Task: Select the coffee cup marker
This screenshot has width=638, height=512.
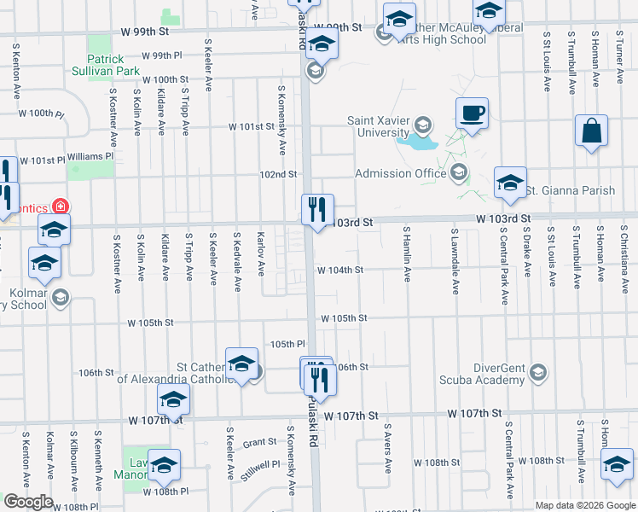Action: (x=472, y=112)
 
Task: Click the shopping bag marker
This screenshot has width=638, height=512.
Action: (x=590, y=131)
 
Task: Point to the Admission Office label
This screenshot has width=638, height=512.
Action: (x=400, y=174)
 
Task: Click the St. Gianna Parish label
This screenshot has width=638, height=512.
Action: (x=570, y=190)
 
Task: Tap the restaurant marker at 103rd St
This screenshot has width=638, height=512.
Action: (x=317, y=208)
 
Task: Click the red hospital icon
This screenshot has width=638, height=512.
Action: (x=61, y=206)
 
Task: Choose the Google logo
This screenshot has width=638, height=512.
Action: (x=28, y=502)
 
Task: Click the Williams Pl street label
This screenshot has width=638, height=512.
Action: (x=90, y=157)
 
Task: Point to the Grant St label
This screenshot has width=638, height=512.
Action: (x=259, y=443)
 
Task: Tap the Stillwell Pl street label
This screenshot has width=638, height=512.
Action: (x=259, y=469)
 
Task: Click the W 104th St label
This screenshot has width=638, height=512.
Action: (x=340, y=270)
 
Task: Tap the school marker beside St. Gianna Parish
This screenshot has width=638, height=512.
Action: (x=510, y=182)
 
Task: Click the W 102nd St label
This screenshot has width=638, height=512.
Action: (x=278, y=174)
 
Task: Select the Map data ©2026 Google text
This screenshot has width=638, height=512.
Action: (x=583, y=505)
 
